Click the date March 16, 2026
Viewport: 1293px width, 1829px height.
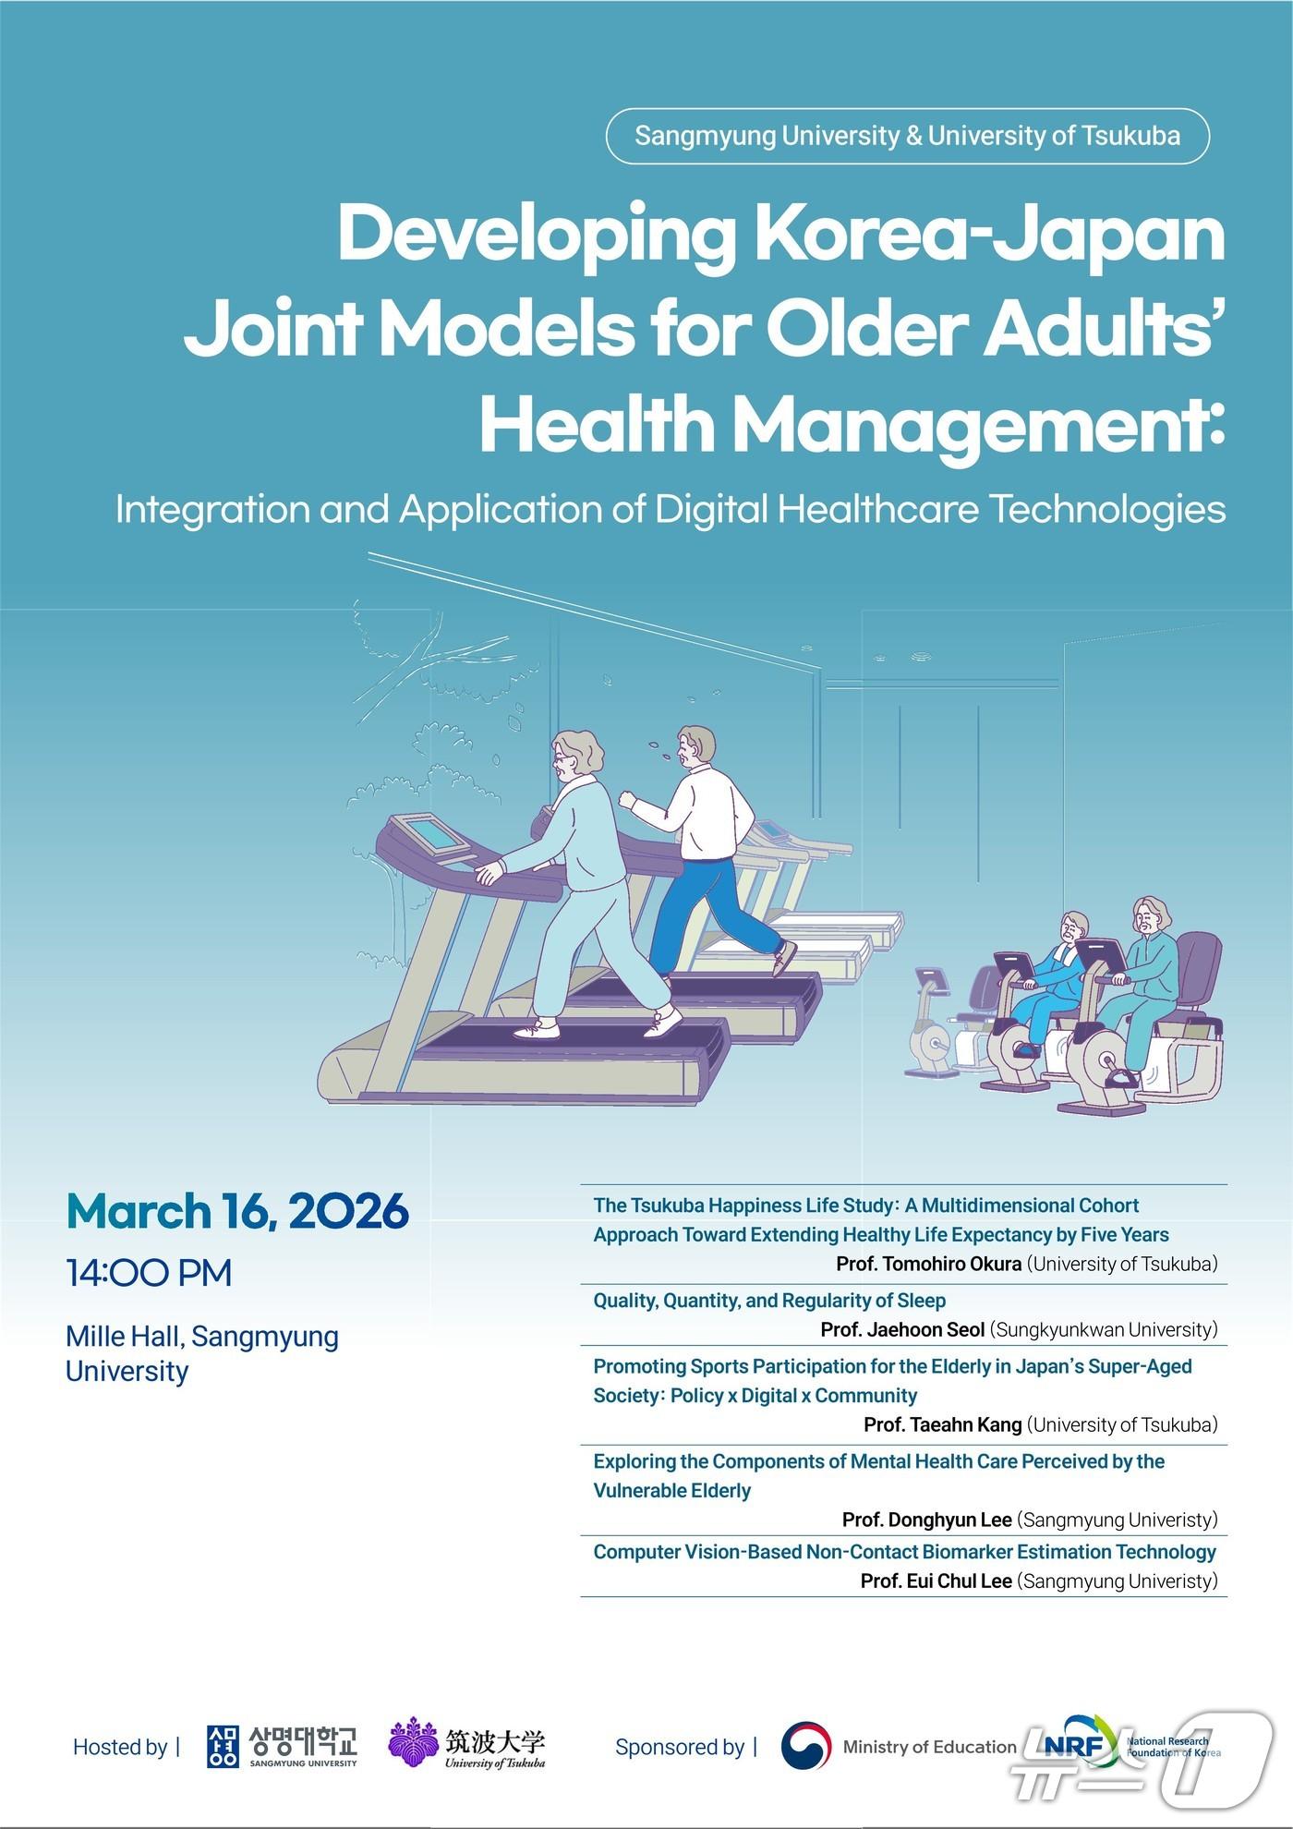pyautogui.click(x=237, y=1211)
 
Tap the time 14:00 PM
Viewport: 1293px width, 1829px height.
pyautogui.click(x=149, y=1273)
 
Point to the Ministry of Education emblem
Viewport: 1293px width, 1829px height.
pyautogui.click(x=805, y=1746)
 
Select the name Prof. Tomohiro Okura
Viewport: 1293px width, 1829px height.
pyautogui.click(x=929, y=1264)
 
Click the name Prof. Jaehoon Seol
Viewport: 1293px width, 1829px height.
pyautogui.click(x=903, y=1329)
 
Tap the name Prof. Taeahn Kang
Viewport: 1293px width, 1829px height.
pyautogui.click(x=943, y=1424)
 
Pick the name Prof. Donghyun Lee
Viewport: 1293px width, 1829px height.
pyautogui.click(x=927, y=1520)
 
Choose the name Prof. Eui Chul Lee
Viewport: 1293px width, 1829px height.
pyautogui.click(x=937, y=1581)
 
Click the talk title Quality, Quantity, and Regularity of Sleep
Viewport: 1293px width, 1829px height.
pyautogui.click(x=769, y=1301)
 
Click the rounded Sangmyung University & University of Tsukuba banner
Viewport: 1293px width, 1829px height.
pyautogui.click(x=907, y=136)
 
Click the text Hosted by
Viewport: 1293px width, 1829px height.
pyautogui.click(x=120, y=1747)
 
